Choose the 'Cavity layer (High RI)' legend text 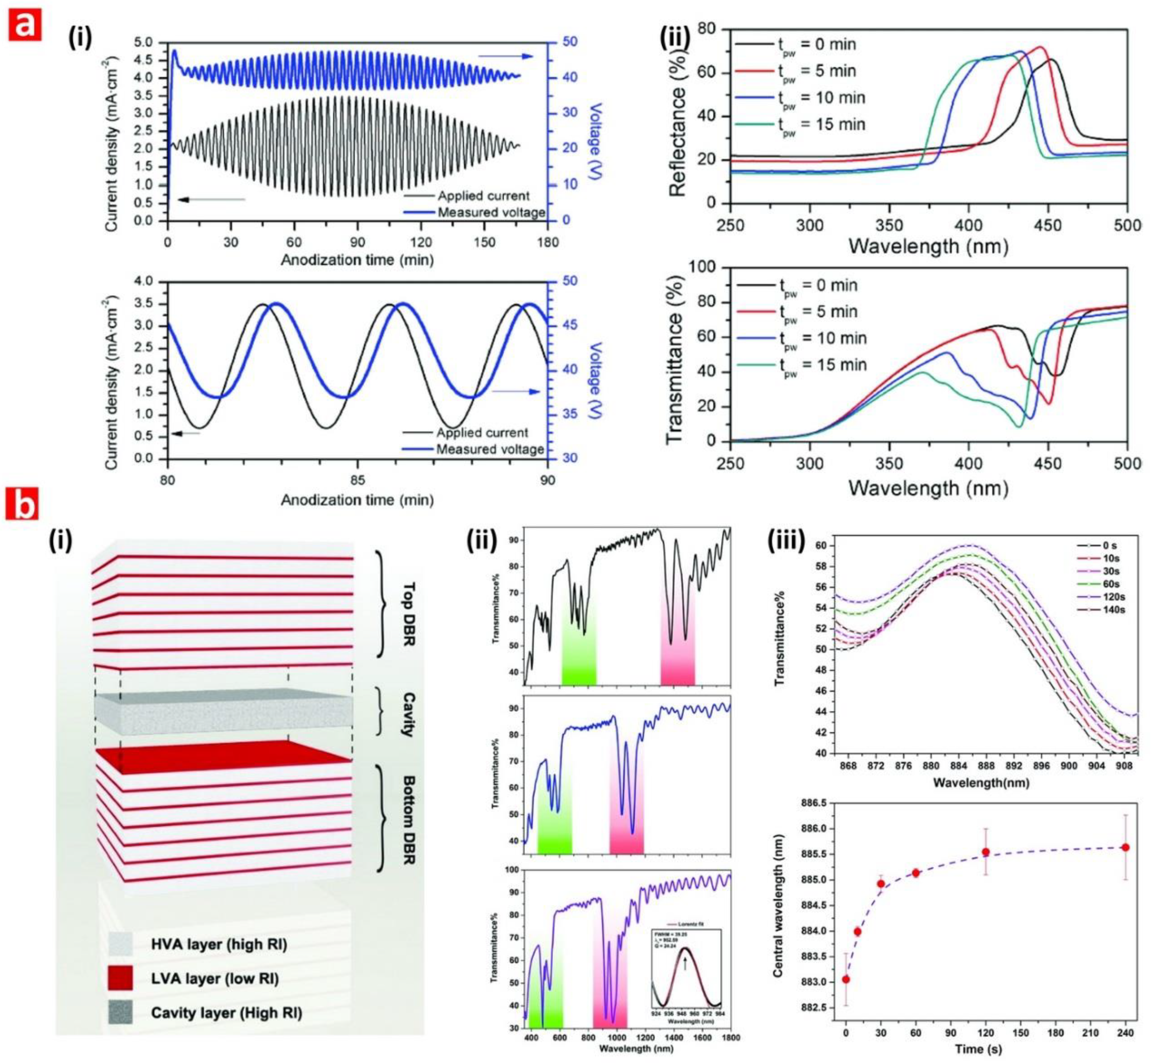pyautogui.click(x=226, y=1013)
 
